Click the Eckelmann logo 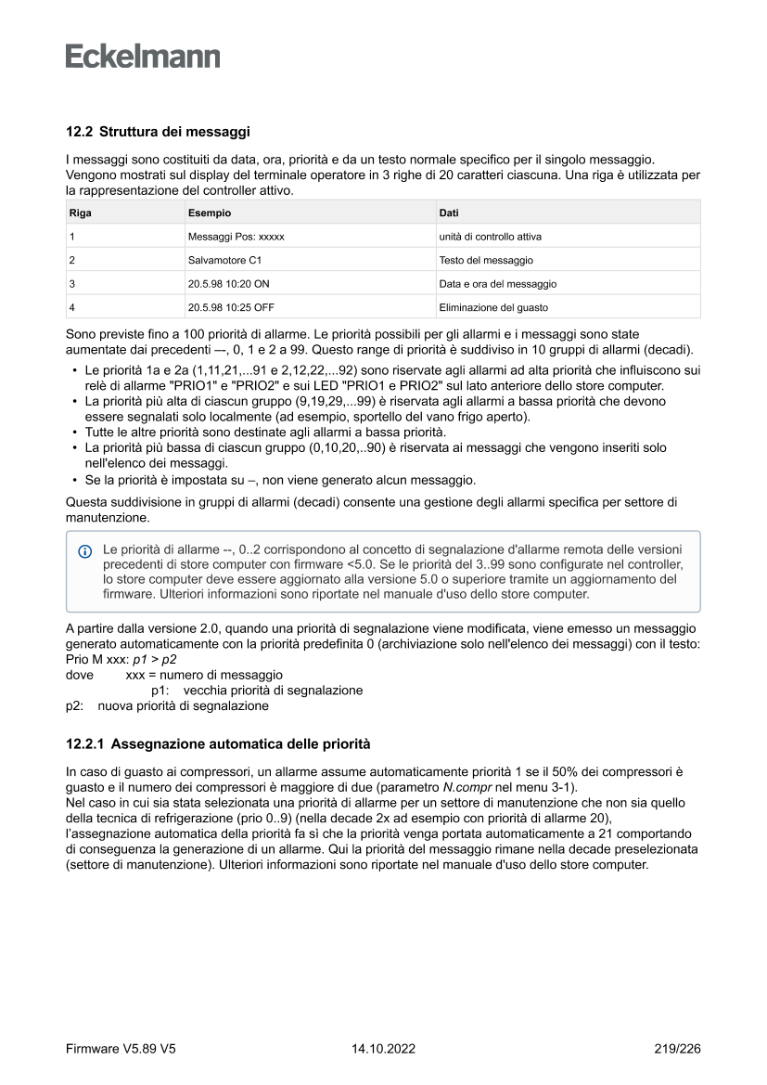143,57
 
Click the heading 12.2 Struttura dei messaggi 158,133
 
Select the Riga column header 81,213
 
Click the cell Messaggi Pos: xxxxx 236,237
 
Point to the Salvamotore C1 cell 224,260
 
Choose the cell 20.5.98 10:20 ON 228,284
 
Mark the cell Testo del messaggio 486,260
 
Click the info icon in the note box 85,550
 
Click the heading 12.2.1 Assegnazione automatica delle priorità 218,744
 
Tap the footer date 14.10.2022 383,1049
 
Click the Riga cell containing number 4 72,307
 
